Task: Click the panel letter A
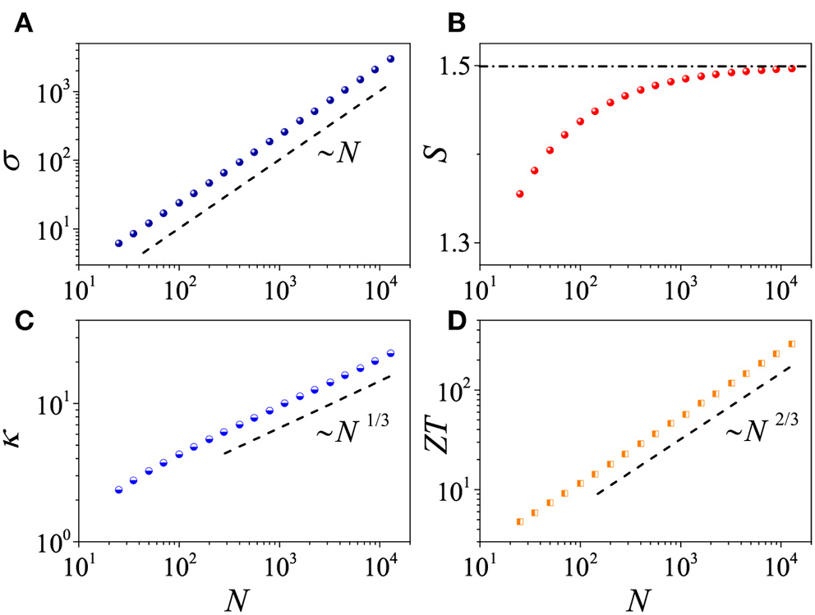pyautogui.click(x=22, y=21)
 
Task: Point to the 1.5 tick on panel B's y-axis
pyautogui.click(x=454, y=66)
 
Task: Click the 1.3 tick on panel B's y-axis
pyautogui.click(x=454, y=244)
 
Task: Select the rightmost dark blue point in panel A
pyautogui.click(x=390, y=59)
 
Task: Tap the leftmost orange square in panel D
pyautogui.click(x=520, y=521)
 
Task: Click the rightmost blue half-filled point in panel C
pyautogui.click(x=390, y=353)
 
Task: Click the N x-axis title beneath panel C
pyautogui.click(x=235, y=597)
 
